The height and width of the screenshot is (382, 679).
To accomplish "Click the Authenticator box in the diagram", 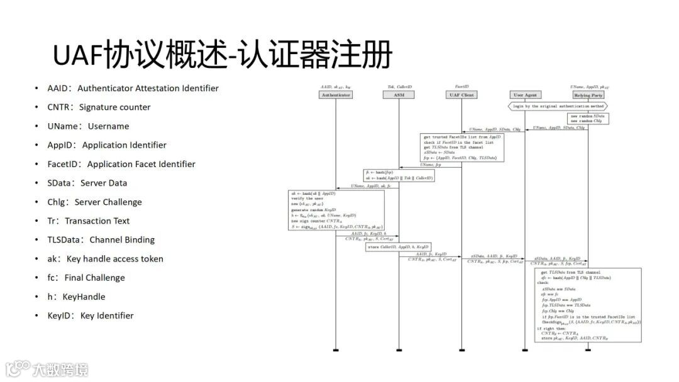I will click(x=336, y=95).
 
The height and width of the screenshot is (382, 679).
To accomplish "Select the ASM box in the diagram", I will click(x=399, y=95).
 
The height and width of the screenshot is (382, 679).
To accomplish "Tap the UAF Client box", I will click(x=461, y=95).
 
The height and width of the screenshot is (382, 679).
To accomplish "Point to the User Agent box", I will click(x=525, y=95).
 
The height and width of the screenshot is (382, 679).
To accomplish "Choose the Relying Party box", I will click(x=588, y=95).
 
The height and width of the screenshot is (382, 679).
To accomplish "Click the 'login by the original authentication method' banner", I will click(x=557, y=107).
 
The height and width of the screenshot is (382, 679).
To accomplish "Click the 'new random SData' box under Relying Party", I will click(x=588, y=119).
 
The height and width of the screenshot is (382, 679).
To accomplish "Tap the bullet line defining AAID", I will click(x=133, y=89).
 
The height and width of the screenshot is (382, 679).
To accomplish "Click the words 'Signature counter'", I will click(x=114, y=107).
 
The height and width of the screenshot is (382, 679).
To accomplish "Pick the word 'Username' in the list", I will click(x=108, y=126).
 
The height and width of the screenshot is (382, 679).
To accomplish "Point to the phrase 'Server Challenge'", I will click(x=108, y=202).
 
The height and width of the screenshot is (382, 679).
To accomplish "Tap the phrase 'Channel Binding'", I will click(x=122, y=240).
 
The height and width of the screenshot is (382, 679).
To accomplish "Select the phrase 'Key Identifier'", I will click(x=107, y=315).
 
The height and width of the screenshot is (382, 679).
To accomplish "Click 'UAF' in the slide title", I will click(x=77, y=55).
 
